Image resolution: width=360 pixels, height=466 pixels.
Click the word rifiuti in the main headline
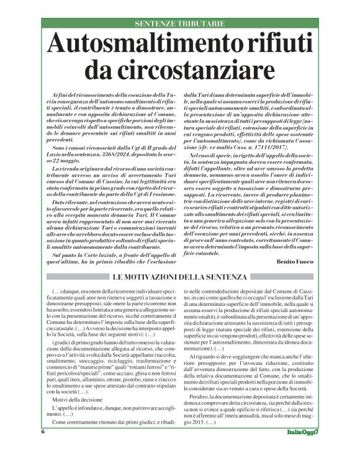point(267,45)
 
